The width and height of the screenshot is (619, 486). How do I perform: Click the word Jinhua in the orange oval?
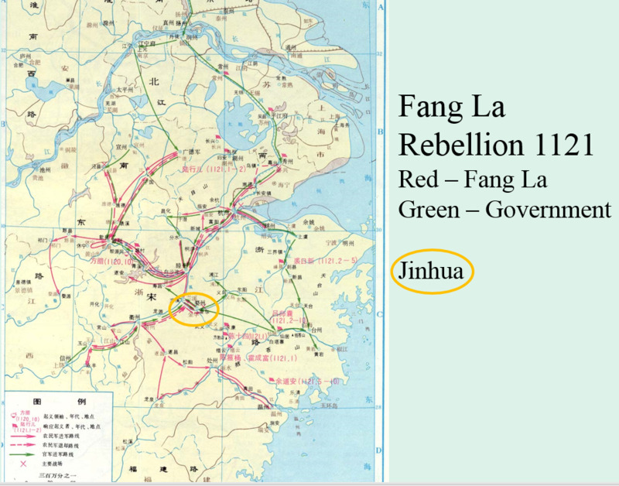[430, 272]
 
